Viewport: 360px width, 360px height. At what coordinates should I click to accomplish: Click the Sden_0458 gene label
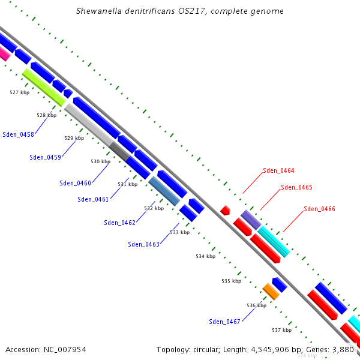(18, 134)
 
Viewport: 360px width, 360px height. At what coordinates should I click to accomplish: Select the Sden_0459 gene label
(46, 158)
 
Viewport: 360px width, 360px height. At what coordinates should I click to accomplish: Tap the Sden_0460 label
(76, 183)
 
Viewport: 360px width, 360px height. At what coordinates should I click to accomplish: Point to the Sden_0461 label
(93, 199)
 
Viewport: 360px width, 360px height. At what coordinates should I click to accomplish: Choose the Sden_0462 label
(119, 223)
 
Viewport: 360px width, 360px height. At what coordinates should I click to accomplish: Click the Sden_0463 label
(143, 244)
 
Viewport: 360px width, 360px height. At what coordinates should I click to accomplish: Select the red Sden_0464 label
(278, 171)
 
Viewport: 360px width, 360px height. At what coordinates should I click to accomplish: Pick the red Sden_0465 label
(296, 187)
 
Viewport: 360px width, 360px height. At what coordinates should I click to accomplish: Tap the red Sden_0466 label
(319, 209)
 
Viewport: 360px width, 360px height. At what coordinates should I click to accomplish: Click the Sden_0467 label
(224, 322)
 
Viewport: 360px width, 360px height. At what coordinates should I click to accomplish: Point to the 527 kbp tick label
(20, 92)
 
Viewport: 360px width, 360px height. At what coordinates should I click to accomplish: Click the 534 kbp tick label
(205, 256)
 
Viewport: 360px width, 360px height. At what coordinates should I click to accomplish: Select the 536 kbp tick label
(256, 305)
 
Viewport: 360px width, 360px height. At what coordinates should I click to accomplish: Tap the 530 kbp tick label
(101, 161)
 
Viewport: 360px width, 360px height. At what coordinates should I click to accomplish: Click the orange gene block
(271, 292)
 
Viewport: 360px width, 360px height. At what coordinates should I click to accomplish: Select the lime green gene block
(43, 87)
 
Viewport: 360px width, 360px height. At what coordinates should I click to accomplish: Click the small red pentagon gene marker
(226, 210)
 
